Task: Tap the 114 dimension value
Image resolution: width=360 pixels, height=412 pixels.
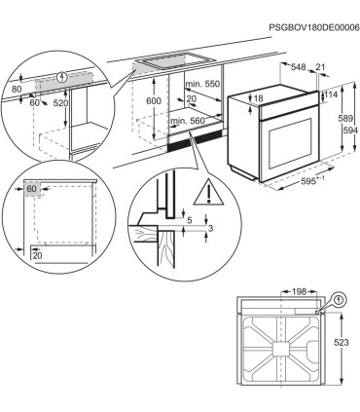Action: pyautogui.click(x=330, y=94)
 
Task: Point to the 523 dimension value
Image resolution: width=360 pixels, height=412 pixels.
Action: pyautogui.click(x=343, y=343)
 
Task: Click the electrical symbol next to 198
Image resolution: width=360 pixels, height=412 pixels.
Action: pyautogui.click(x=339, y=300)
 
